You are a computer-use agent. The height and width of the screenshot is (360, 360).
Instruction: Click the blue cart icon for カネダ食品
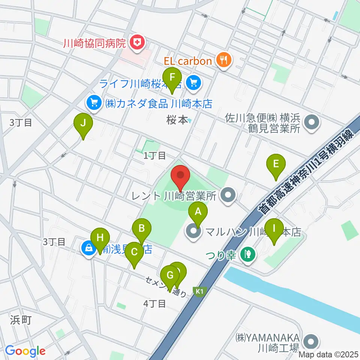(92, 102)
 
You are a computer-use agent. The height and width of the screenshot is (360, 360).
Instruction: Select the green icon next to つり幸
(248, 255)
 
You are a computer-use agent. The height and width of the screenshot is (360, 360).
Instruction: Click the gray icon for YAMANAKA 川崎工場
(311, 341)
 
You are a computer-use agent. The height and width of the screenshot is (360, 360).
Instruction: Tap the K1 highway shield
(199, 291)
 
